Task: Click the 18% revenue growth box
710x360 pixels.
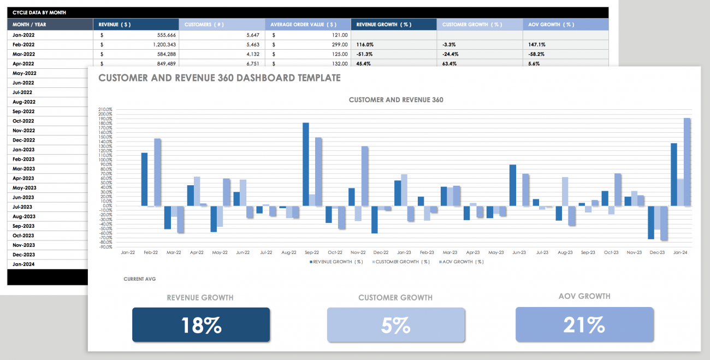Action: pyautogui.click(x=201, y=325)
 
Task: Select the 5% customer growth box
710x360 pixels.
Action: pyautogui.click(x=396, y=325)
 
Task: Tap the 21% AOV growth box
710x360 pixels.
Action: pyautogui.click(x=584, y=324)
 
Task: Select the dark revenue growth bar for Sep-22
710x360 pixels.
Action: pyautogui.click(x=306, y=164)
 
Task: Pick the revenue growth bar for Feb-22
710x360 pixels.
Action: pyautogui.click(x=145, y=179)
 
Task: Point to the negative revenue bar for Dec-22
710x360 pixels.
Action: pyautogui.click(x=375, y=220)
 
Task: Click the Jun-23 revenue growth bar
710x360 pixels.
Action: pyautogui.click(x=513, y=185)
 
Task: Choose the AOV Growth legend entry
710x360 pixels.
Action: pyautogui.click(x=461, y=262)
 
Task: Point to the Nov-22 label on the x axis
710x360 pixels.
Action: pyautogui.click(x=358, y=253)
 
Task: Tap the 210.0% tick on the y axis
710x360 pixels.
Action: pyautogui.click(x=105, y=109)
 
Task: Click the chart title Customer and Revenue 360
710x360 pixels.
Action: pyautogui.click(x=396, y=100)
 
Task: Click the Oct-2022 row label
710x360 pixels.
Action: pyautogui.click(x=24, y=121)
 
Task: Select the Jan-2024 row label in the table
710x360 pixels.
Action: pyautogui.click(x=24, y=264)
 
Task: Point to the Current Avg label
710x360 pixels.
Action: pyautogui.click(x=140, y=279)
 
